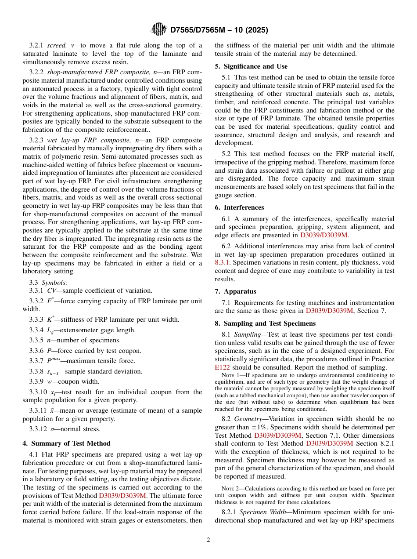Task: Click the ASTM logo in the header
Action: (158, 29)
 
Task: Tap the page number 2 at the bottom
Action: (208, 540)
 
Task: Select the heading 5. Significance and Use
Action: (251, 66)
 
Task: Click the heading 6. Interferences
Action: (239, 207)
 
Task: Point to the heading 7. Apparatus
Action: (235, 291)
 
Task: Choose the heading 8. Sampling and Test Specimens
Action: (265, 323)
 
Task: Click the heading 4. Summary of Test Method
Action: (66, 443)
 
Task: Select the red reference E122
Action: (223, 367)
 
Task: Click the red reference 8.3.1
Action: (223, 262)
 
